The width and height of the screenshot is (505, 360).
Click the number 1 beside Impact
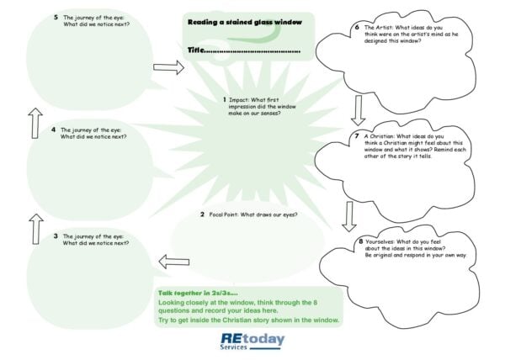click(x=225, y=100)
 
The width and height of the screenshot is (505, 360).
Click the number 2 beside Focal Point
click(x=203, y=214)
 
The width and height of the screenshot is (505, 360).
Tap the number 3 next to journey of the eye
click(x=56, y=237)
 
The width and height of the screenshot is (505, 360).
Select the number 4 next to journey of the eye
click(x=53, y=130)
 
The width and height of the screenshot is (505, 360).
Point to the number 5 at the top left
click(x=56, y=16)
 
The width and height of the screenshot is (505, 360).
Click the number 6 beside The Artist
click(x=357, y=27)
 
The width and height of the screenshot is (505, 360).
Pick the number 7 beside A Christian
click(x=357, y=135)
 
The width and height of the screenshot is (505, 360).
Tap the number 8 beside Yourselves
click(x=360, y=241)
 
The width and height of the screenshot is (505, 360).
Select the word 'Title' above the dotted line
click(x=195, y=50)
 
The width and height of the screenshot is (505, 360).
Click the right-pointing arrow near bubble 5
click(x=168, y=67)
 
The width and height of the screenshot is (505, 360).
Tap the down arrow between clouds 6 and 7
click(x=359, y=109)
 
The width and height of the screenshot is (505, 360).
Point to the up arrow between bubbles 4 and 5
click(x=35, y=123)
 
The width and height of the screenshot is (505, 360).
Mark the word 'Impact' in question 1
click(x=240, y=100)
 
